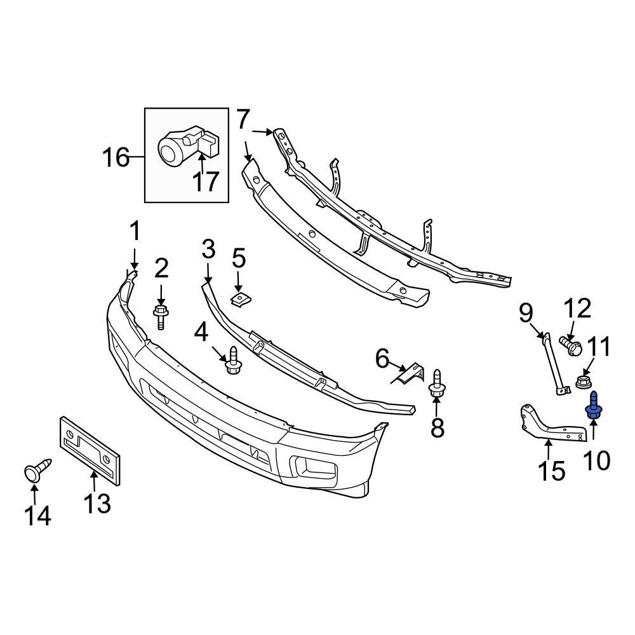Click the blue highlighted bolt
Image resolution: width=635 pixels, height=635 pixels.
click(x=593, y=406)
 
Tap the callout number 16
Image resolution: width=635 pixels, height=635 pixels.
click(x=116, y=156)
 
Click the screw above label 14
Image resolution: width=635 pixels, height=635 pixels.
click(x=36, y=471)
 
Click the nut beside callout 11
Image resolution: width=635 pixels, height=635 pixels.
click(x=583, y=382)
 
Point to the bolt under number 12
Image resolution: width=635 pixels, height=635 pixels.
click(x=571, y=345)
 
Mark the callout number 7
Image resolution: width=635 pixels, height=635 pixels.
click(x=244, y=119)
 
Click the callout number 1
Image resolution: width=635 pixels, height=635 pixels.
click(x=135, y=232)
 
